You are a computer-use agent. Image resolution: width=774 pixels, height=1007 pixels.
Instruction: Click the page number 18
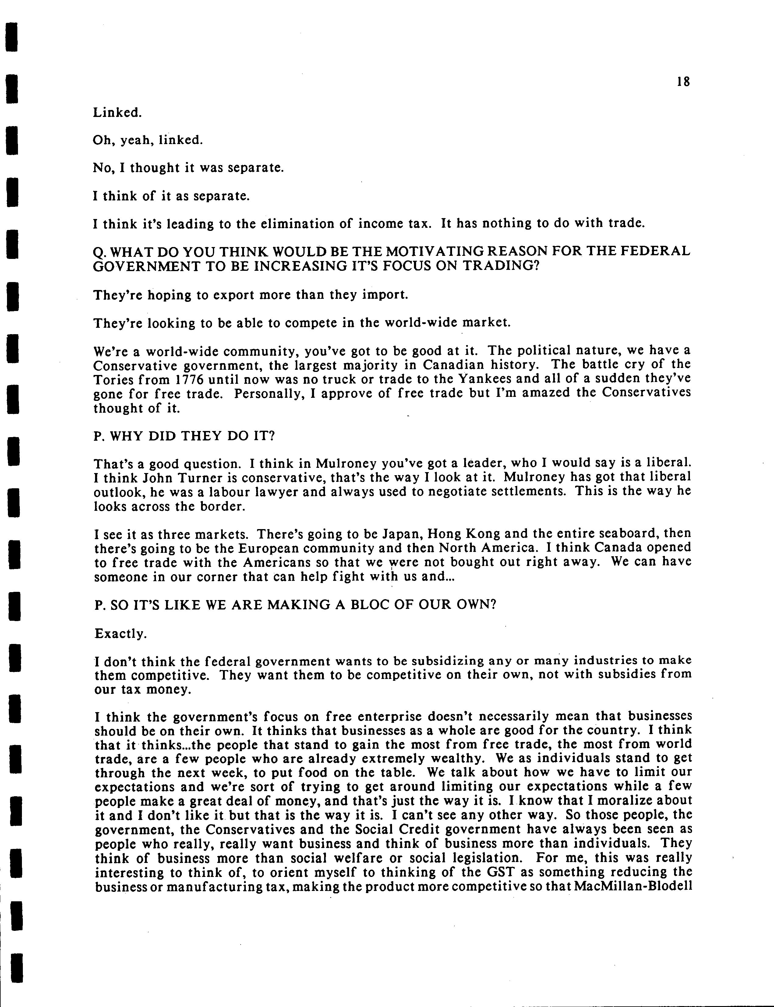tap(684, 82)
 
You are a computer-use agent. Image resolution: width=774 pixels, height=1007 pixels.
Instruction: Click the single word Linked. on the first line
tap(117, 112)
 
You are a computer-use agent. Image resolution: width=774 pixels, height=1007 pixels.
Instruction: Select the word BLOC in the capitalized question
tap(368, 604)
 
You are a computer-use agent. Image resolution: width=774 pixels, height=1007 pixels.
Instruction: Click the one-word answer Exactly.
tap(121, 634)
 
